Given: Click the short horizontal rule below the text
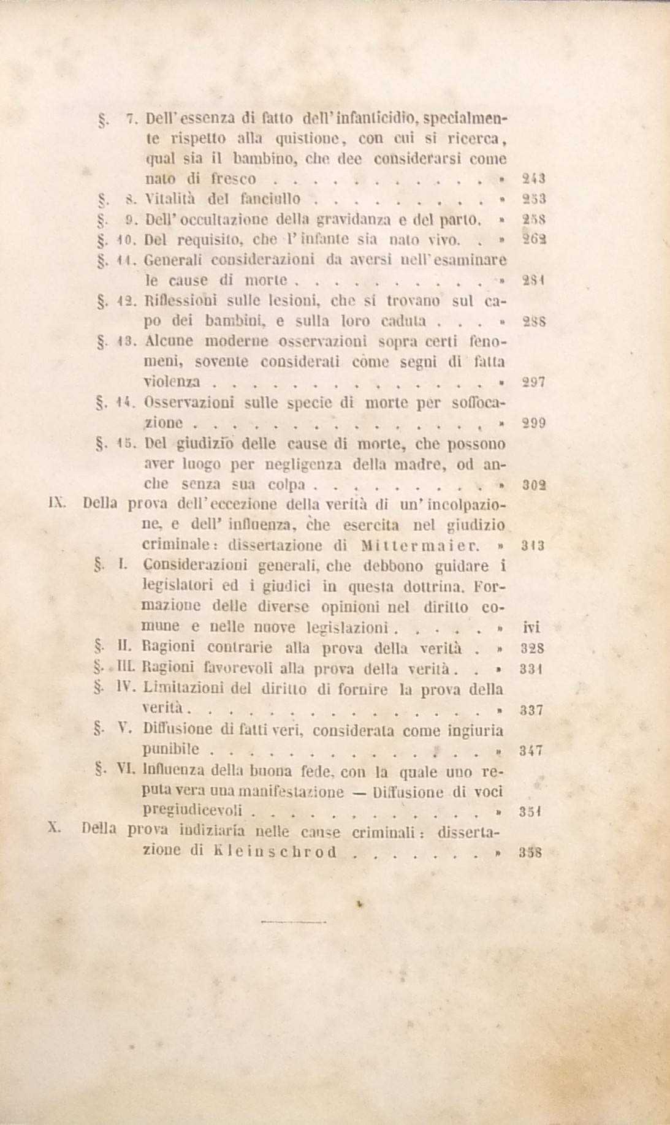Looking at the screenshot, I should click(x=293, y=921).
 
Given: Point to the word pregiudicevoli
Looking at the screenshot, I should click(x=195, y=810).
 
